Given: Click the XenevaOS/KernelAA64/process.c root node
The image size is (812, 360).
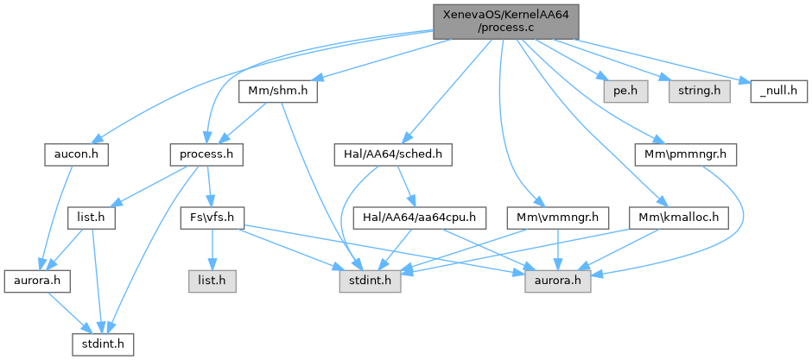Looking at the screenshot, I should [505, 21].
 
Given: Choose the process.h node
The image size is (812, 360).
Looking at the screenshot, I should [206, 155].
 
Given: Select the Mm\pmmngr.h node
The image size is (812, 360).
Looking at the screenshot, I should [685, 155].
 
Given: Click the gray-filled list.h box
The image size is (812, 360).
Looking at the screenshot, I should [212, 281].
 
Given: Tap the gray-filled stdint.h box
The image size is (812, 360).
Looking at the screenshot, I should [367, 281].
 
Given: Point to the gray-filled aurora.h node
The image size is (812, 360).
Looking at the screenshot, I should [558, 281].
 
